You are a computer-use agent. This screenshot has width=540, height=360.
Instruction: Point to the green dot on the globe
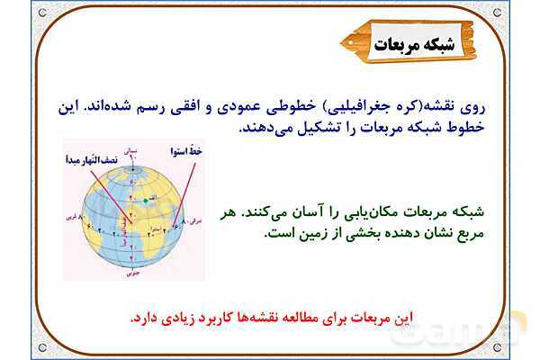pos(143,200)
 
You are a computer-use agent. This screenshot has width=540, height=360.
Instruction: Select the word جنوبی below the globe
pos(133,270)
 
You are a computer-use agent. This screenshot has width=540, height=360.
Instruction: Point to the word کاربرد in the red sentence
pos(217,319)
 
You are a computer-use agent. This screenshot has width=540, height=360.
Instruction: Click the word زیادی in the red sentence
pos(174,319)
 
